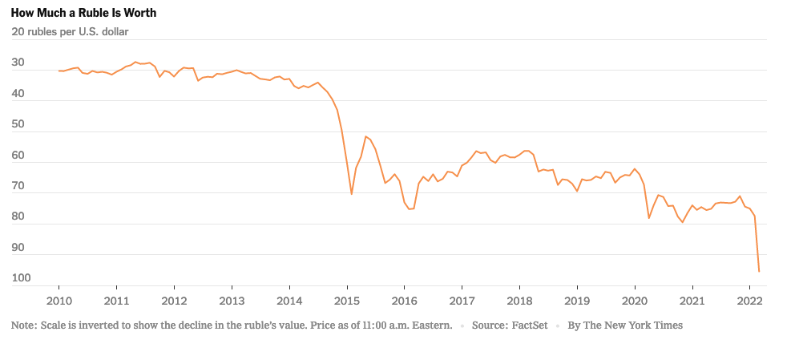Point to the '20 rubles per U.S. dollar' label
click(x=70, y=32)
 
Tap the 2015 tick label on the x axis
click(x=346, y=301)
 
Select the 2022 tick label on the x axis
click(x=749, y=301)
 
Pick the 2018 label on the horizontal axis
click(x=519, y=301)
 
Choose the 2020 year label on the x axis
click(x=635, y=301)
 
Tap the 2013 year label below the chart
click(x=232, y=301)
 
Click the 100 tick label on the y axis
click(x=21, y=278)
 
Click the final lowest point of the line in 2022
click(x=758, y=271)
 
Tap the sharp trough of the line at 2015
click(x=352, y=194)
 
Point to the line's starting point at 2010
click(x=59, y=71)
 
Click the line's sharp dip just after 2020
click(x=649, y=218)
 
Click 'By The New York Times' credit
click(x=625, y=326)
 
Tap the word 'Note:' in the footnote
click(x=25, y=326)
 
